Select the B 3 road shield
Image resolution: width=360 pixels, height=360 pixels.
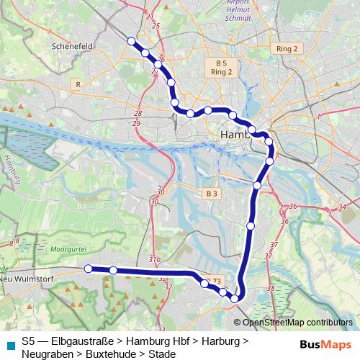coord(211,193)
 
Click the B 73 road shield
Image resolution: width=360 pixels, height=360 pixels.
coord(214,280)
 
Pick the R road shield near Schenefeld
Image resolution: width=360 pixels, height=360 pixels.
coord(77,84)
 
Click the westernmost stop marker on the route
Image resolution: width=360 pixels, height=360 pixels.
coord(88,269)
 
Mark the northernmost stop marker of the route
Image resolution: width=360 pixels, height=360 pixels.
coord(131,41)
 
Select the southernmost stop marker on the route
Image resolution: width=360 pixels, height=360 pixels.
coord(235,298)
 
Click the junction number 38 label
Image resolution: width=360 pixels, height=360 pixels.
coord(271,288)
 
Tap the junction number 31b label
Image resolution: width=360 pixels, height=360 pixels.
coord(153,258)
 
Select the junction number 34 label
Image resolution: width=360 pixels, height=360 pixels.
coord(340,207)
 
